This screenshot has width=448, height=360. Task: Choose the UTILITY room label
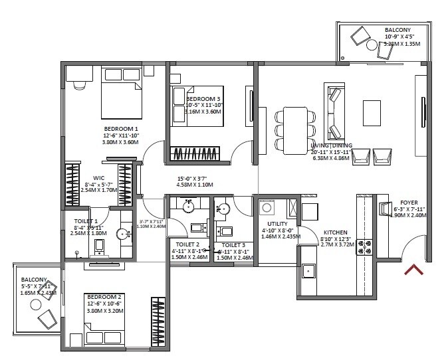pyautogui.click(x=277, y=224)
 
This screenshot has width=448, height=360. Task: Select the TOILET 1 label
pyautogui.click(x=86, y=221)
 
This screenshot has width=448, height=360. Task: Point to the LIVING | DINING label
pyautogui.click(x=331, y=145)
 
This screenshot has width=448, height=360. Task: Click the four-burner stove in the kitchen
pyautogui.click(x=366, y=248)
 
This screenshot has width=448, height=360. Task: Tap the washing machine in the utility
pyautogui.click(x=269, y=207)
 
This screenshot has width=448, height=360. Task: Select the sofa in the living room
pyautogui.click(x=334, y=110)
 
